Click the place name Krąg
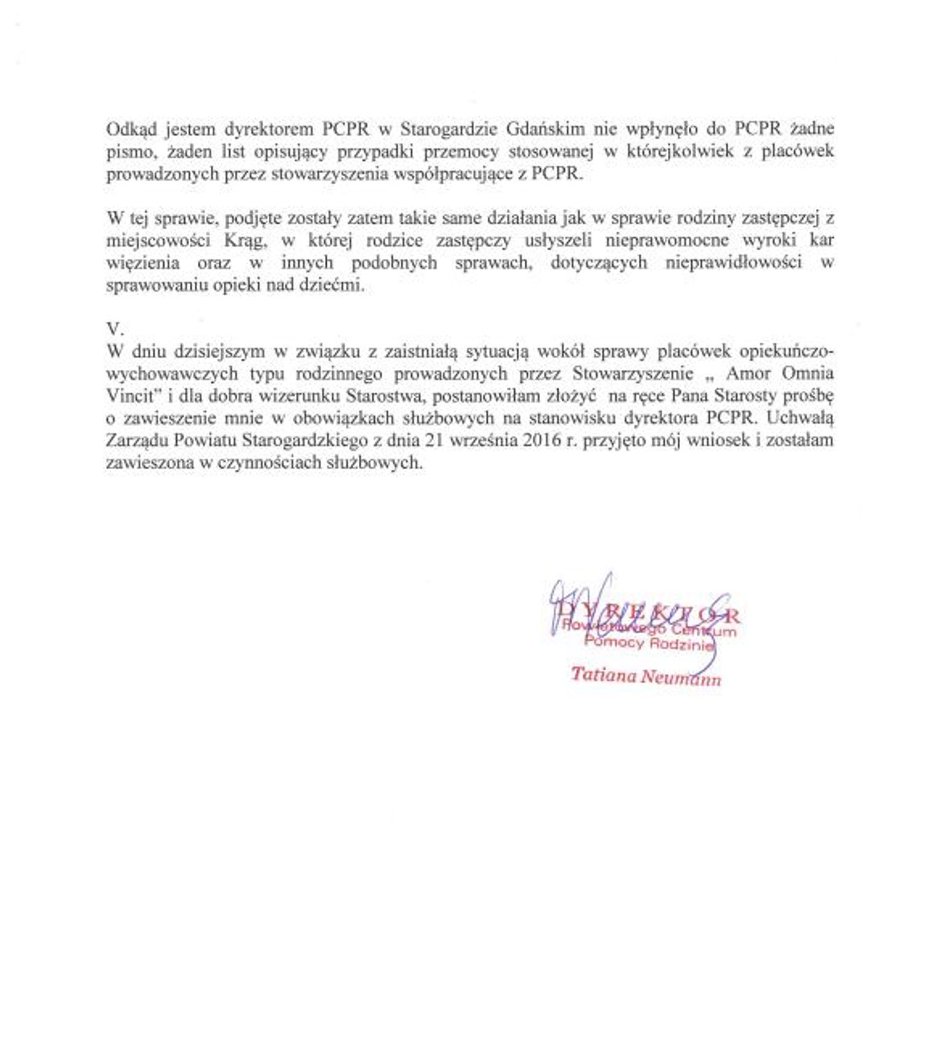click(x=245, y=240)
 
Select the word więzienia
click(x=143, y=263)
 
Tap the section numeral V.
click(x=115, y=329)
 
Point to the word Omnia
click(x=808, y=373)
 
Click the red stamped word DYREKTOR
click(x=649, y=614)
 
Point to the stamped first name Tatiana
click(x=604, y=674)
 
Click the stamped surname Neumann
click(x=681, y=677)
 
